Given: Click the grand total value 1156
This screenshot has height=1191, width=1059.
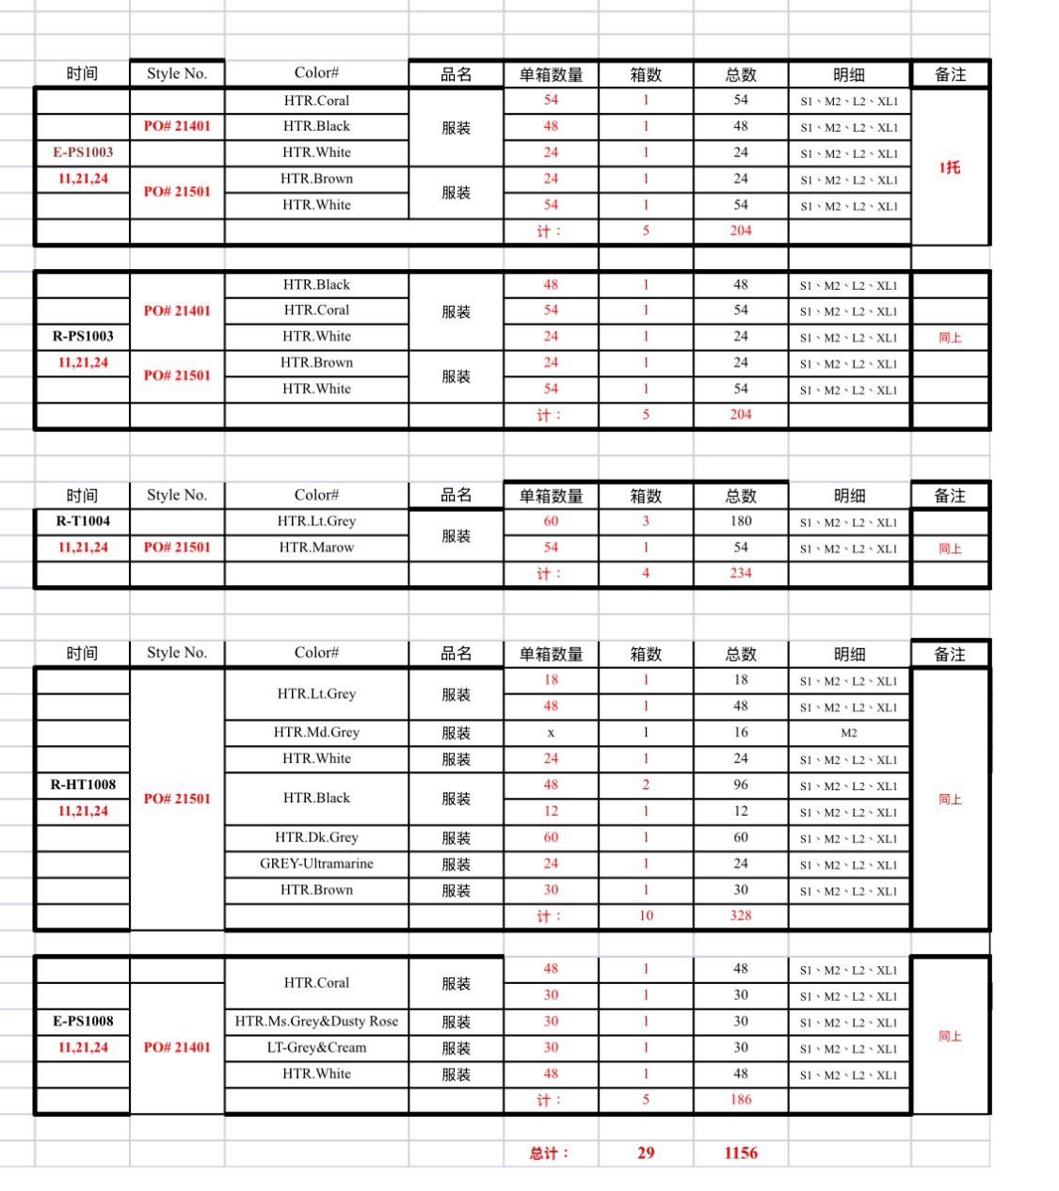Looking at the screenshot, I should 741,1152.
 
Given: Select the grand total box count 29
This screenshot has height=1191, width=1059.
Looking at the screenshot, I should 646,1152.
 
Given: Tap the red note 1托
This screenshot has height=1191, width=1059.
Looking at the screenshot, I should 950,167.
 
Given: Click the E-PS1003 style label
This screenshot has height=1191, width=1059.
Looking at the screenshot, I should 83,152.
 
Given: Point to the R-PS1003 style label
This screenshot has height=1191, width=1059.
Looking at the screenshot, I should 83,336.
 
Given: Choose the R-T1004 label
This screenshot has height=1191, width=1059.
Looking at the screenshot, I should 83,521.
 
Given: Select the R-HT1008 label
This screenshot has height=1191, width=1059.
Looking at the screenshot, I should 83,785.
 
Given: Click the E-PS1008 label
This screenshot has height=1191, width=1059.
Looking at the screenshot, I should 83,1021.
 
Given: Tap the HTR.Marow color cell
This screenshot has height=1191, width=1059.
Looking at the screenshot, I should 316,548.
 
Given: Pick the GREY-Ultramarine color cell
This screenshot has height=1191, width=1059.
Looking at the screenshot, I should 316,864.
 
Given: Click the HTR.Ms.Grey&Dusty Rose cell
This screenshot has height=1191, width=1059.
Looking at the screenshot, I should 316,1021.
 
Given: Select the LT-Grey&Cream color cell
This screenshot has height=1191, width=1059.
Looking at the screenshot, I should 316,1047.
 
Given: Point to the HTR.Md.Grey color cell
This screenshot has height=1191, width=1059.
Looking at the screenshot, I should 316,732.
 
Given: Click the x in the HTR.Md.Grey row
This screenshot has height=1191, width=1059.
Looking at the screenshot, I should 551,733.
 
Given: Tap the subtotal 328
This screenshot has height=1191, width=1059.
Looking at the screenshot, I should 741,915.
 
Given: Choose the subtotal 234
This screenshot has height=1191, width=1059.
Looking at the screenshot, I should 741,573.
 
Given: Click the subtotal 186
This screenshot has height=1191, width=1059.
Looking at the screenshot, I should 741,1100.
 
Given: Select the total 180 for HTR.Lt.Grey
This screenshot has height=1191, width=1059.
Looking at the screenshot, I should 741,521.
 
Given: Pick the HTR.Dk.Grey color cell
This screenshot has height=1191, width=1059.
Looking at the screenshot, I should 316,837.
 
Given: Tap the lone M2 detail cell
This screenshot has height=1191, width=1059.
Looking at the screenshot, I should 849,733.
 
